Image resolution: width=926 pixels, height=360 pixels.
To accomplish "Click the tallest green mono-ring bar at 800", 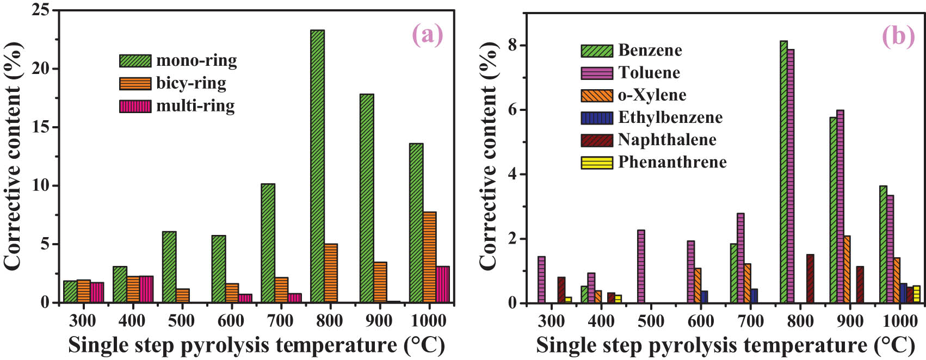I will point(318,166).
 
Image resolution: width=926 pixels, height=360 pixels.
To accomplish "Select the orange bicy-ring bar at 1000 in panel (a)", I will point(429,257).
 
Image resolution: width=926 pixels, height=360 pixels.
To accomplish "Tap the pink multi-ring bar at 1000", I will point(443,284).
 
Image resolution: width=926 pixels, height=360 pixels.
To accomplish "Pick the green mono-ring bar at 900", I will point(367,198).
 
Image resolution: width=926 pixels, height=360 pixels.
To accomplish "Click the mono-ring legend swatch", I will point(135,60).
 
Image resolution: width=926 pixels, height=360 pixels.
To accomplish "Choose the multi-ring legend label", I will point(195,105).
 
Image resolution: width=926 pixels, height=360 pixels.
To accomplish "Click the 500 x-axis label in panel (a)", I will point(181,321).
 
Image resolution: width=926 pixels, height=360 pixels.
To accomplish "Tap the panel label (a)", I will point(428,35).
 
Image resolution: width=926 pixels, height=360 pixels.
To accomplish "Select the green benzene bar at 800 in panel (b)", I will point(783,172).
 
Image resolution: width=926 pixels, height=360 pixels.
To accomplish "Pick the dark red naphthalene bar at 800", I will point(810,278).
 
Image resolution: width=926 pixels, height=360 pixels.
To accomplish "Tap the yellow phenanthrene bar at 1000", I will point(917,294).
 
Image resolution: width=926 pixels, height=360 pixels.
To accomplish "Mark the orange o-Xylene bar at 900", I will point(847,269).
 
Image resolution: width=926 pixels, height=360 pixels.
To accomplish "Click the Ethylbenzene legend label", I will point(670,117).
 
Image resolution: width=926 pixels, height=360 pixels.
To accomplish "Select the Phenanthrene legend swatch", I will point(597,163).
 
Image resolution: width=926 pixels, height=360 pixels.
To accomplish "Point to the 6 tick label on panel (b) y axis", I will point(511,110).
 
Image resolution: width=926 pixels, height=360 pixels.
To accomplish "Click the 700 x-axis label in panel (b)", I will point(750,321).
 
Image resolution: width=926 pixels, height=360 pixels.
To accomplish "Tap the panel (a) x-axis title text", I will point(256,345).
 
